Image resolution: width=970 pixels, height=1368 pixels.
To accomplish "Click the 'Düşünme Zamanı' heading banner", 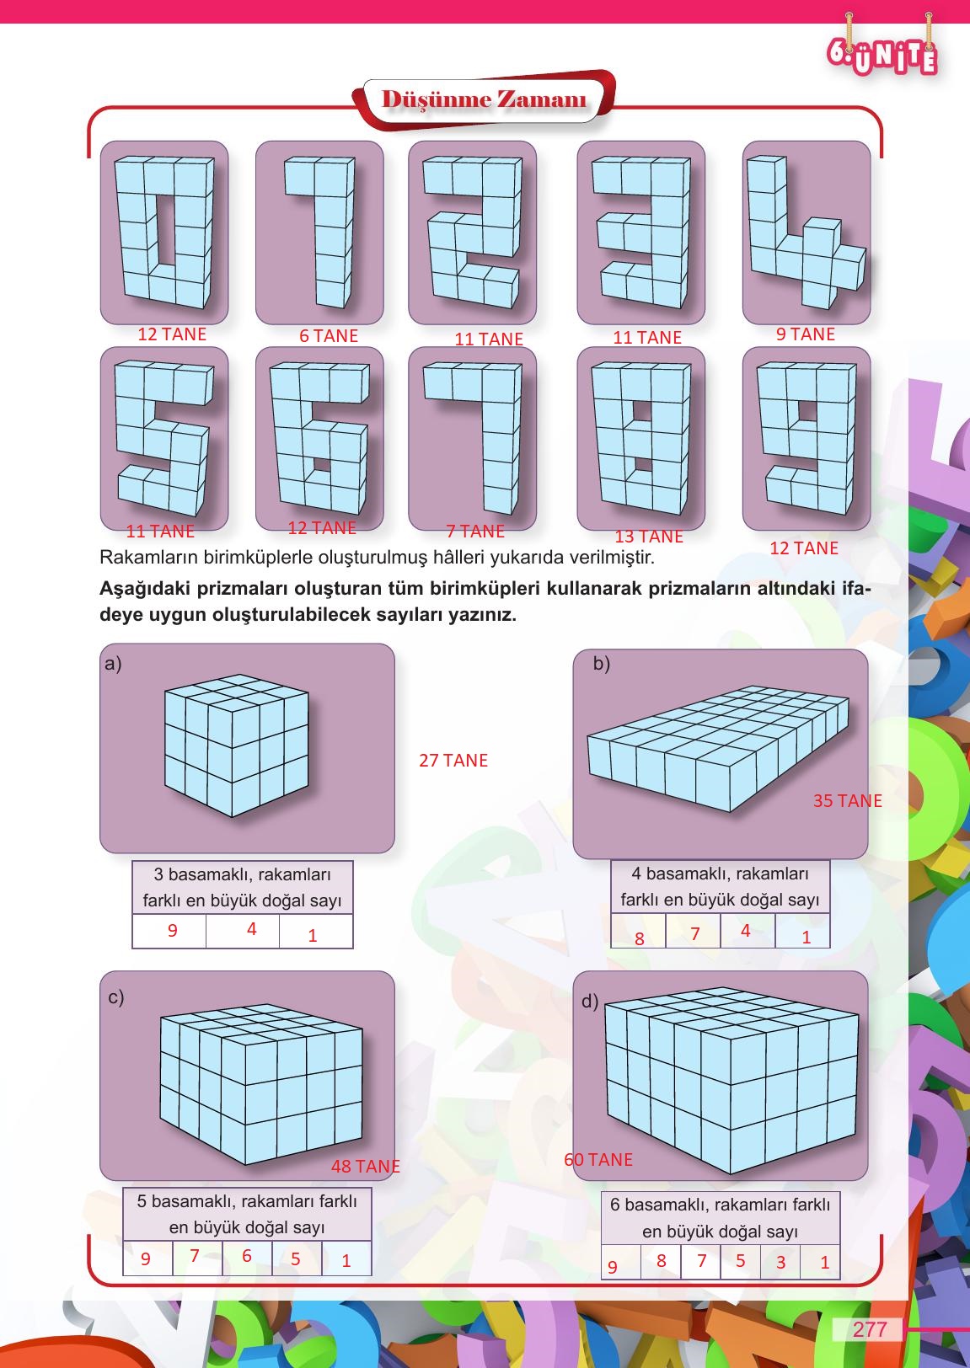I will tap(485, 99).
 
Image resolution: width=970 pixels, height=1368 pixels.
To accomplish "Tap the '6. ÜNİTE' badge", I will tap(882, 56).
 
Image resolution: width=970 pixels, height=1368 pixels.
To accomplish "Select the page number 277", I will tap(870, 1329).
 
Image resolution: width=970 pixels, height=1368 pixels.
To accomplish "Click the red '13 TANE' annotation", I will tap(648, 537).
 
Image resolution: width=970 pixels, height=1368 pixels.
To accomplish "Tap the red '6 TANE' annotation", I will tap(329, 336).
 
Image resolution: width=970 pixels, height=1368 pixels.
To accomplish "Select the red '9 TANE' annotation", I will tap(805, 334).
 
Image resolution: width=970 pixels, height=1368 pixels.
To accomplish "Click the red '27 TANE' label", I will tap(453, 761).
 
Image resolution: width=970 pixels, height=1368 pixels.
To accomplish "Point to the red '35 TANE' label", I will tap(847, 801).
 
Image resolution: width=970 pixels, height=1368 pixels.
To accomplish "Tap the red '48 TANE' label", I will tap(365, 1167).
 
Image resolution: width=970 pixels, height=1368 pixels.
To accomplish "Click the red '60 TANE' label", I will tap(598, 1160).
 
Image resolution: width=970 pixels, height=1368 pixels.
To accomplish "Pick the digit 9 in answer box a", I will tap(173, 931).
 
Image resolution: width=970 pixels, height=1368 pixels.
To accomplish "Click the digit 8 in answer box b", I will tap(640, 938).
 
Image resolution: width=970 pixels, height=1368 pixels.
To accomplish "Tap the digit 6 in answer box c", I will tap(247, 1256).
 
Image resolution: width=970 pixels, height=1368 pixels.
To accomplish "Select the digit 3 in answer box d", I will tap(781, 1263).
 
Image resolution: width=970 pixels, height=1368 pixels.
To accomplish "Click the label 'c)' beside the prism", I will tap(116, 997).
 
